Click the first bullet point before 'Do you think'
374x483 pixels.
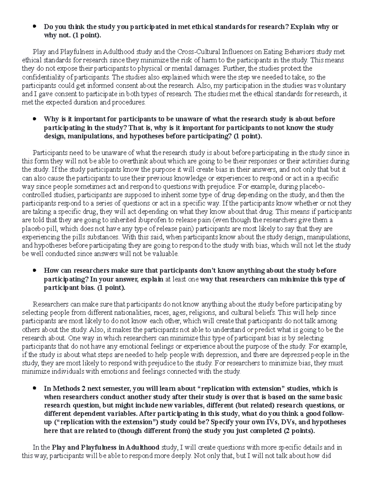(35, 27)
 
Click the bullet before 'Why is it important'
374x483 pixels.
(35, 119)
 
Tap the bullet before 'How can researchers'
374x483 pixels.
(35, 271)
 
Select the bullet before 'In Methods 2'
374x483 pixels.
(35, 388)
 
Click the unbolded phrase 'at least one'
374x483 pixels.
(181, 279)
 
